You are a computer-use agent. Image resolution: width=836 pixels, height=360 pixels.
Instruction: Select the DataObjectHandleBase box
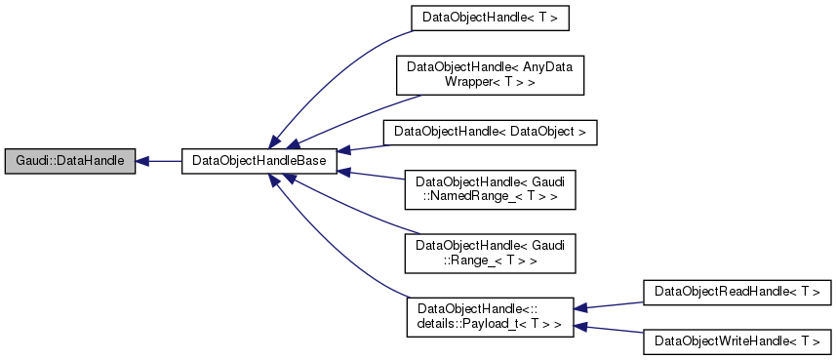259,160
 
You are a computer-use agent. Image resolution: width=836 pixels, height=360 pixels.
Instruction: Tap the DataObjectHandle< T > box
490,19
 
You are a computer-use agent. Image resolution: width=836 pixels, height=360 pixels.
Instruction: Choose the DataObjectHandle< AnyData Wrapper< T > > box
489,75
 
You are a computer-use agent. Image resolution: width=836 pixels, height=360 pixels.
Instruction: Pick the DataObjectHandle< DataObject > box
489,132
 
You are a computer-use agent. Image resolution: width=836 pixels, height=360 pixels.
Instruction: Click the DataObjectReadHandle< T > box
736,291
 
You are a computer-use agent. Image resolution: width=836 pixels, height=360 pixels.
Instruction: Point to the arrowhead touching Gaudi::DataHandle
141,160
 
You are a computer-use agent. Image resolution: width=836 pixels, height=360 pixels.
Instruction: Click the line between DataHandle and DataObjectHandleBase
164,160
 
